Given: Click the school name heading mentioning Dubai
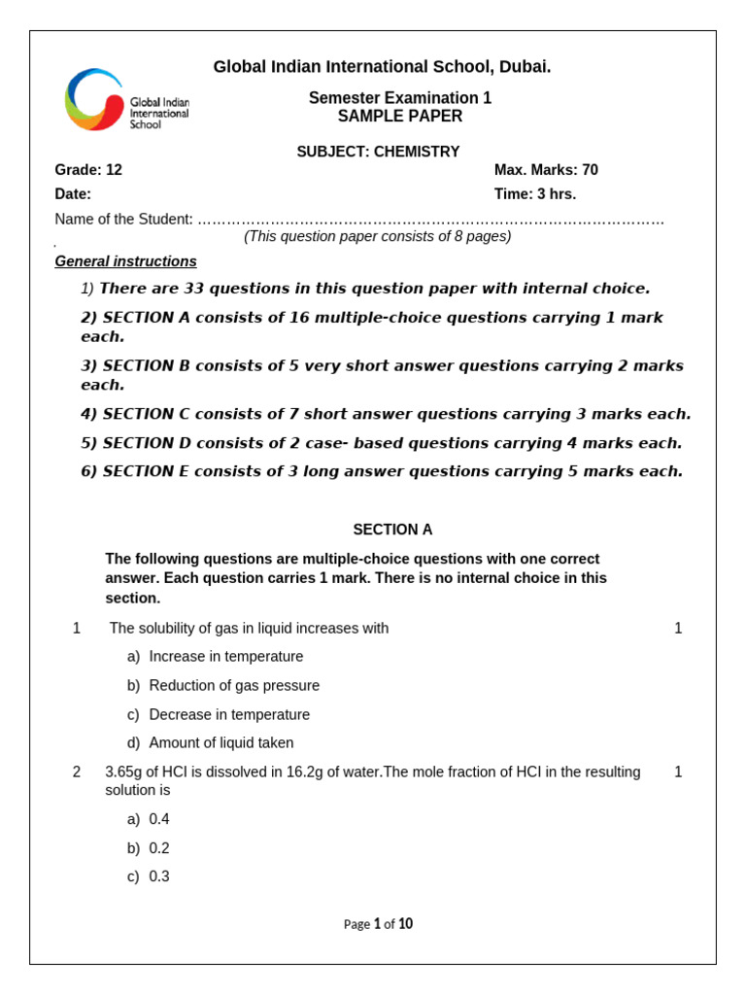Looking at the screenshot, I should [382, 67].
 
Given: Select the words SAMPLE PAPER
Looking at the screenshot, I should [400, 117].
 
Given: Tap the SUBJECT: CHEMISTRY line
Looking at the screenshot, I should [378, 152].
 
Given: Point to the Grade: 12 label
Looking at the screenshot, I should [88, 170].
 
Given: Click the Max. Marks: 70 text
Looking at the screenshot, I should [546, 170].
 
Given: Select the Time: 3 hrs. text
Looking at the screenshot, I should [535, 194].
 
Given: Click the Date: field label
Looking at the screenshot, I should [73, 194].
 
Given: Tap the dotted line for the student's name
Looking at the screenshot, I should [430, 220].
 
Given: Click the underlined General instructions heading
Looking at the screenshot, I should [125, 261].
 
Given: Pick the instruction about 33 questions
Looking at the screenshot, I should [374, 289].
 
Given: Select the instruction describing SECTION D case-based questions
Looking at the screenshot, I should [382, 443].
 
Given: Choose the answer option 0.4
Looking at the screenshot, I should [159, 819].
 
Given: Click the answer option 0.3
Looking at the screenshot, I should [159, 876].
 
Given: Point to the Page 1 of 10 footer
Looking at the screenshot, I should [378, 924].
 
